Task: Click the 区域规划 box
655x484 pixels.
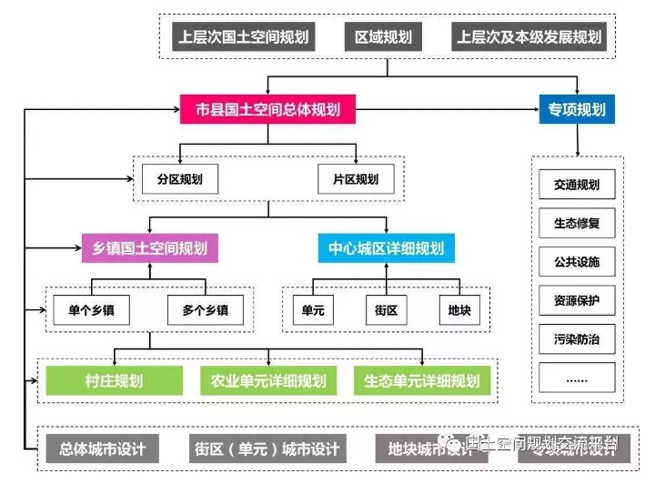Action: coord(384,37)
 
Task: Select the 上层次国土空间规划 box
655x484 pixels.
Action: coord(244,37)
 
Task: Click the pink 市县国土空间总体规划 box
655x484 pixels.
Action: coord(267,110)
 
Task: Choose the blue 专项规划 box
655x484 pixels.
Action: coord(577,110)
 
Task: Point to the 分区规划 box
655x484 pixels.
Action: coord(179,179)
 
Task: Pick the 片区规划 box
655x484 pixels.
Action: coord(356,179)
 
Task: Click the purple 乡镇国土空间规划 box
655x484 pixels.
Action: coord(150,247)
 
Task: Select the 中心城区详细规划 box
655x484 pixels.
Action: coord(388,247)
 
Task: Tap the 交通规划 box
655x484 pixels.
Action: coord(577,185)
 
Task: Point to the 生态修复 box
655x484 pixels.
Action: coord(577,223)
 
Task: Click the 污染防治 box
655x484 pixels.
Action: coord(577,339)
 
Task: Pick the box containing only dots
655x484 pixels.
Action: coord(577,378)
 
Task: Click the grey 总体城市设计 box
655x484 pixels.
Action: coord(103,449)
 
